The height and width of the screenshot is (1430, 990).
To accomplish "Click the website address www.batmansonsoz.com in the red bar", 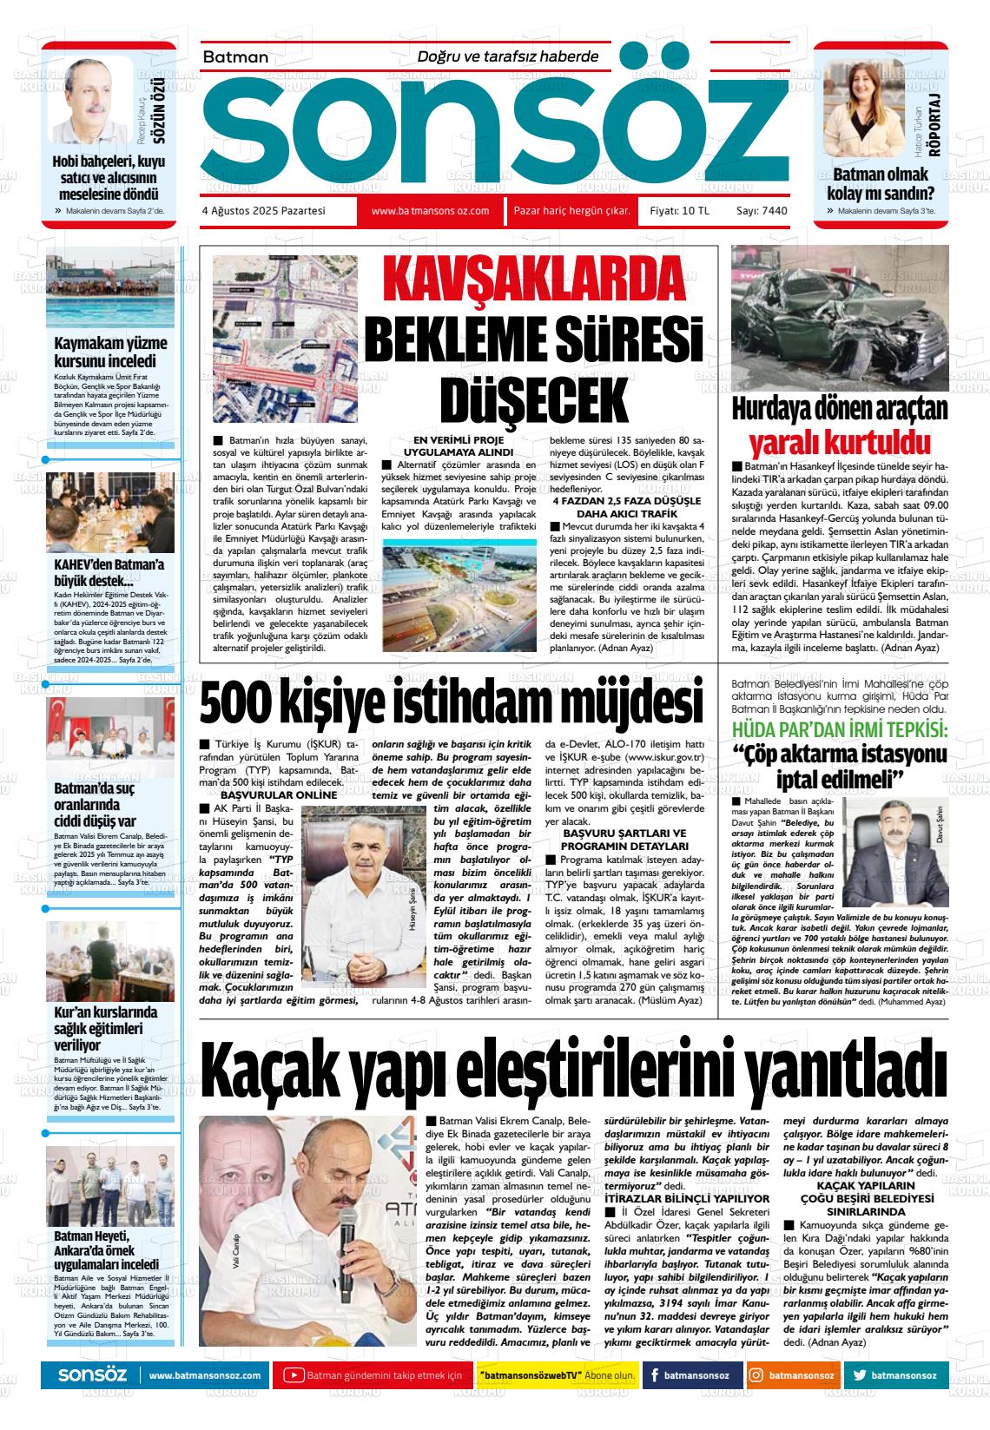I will click(431, 211).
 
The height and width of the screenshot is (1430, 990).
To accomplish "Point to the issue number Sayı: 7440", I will click(762, 211).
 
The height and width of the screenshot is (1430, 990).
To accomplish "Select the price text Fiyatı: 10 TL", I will click(680, 211).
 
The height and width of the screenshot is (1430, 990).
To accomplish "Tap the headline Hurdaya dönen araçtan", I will click(840, 408).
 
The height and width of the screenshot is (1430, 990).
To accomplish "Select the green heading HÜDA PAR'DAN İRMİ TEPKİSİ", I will click(839, 728).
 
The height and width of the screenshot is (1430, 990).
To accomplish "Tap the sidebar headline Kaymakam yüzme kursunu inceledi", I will click(110, 352).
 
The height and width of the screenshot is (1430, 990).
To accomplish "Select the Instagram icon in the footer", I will click(756, 1375).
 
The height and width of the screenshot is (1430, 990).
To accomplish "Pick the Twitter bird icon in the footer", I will click(859, 1375).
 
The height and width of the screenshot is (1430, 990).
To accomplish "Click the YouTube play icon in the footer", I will click(294, 1375).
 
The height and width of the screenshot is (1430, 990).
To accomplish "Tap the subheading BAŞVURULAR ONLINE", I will click(266, 794).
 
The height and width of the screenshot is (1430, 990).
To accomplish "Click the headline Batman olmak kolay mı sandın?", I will click(881, 183).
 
